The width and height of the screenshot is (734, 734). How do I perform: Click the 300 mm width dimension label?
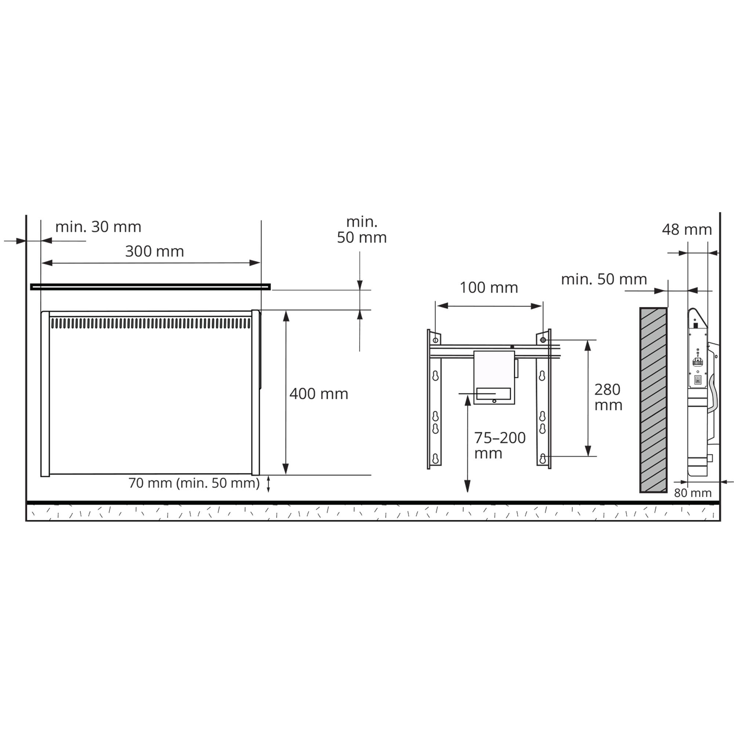pos(155,251)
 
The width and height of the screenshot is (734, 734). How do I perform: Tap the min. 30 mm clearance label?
pos(98,227)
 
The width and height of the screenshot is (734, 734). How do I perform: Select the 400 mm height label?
pos(319,393)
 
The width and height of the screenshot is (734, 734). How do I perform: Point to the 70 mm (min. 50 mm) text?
pos(194,483)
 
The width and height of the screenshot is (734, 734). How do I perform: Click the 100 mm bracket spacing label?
pos(489,288)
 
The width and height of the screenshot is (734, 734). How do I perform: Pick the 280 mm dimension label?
pos(608,397)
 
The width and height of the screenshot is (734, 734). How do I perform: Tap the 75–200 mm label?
pos(500,446)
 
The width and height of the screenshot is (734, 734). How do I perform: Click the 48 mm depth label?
pos(687,229)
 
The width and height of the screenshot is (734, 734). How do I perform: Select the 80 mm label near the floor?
pos(693,493)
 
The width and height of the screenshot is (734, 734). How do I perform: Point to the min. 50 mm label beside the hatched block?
pos(604,279)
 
